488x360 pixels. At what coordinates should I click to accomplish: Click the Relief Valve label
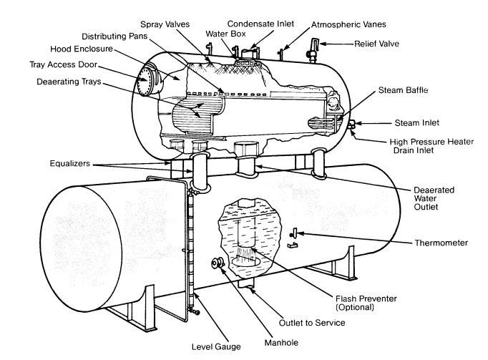pos(378,44)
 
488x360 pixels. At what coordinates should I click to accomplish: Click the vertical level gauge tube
pos(187,243)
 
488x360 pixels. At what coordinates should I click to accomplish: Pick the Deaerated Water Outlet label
pos(434,198)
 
